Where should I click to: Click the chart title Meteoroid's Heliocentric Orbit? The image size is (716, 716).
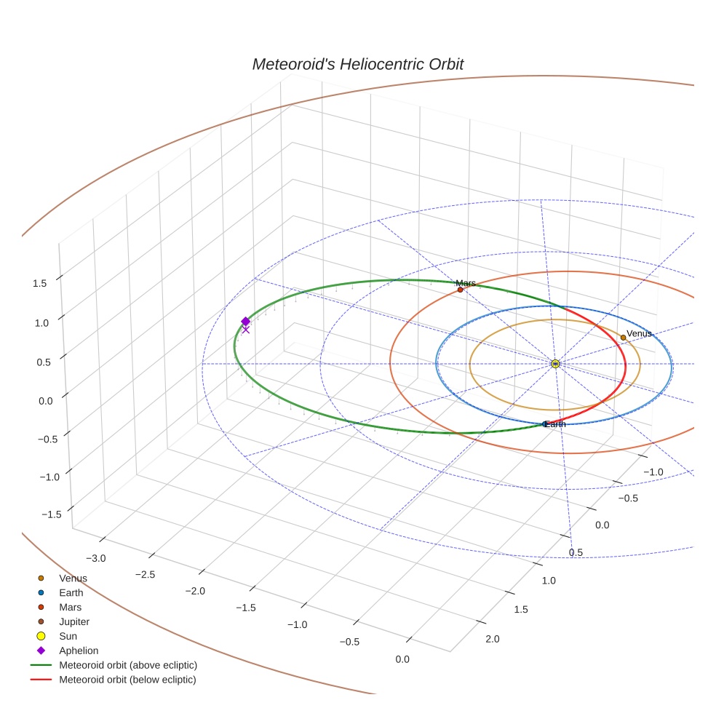point(357,65)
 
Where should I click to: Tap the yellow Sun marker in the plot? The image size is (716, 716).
point(555,363)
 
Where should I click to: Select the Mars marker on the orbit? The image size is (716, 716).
point(460,290)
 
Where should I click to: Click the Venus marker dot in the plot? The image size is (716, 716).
point(623,338)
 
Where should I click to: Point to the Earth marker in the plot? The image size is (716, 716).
point(546,423)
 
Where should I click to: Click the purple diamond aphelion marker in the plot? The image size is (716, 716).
point(245,321)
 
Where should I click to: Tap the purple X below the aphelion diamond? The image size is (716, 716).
point(245,330)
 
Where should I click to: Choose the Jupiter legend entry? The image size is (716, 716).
point(74,621)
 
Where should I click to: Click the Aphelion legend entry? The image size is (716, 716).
point(79,651)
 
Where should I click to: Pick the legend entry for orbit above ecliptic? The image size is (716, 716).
point(128,665)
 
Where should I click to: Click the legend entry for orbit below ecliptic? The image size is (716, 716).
point(127,680)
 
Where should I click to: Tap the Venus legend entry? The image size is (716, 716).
point(73,578)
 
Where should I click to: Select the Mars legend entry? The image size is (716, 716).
point(70,607)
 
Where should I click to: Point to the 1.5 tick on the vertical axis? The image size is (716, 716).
point(41,283)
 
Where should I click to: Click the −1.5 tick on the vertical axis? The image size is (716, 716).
point(49,514)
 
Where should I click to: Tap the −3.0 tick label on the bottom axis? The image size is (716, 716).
point(96,558)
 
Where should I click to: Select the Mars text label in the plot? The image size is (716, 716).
point(466,283)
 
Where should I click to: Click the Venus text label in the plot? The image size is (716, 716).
point(639,334)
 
